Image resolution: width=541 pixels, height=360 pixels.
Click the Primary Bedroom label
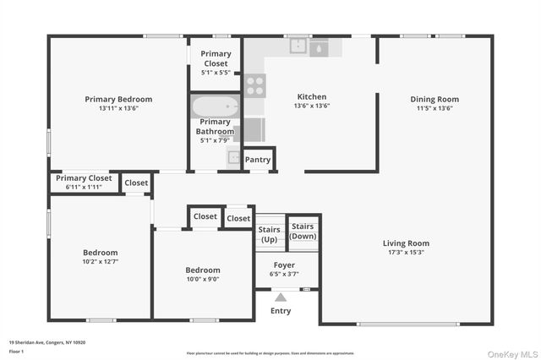click(x=118, y=99)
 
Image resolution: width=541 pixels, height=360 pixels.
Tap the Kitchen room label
click(x=311, y=96)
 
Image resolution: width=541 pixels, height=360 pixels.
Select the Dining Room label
click(x=434, y=99)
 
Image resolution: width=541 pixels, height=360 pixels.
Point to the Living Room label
click(x=406, y=243)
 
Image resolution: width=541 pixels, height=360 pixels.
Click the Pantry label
click(x=258, y=160)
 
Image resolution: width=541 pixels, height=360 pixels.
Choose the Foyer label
click(x=283, y=265)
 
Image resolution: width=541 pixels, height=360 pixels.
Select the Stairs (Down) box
click(x=303, y=231)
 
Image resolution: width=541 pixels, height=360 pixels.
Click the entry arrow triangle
click(x=281, y=297)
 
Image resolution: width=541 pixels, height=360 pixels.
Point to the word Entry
click(x=281, y=311)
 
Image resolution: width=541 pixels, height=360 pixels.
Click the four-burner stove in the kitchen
click(x=255, y=85)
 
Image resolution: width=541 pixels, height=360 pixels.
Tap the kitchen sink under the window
click(x=298, y=46)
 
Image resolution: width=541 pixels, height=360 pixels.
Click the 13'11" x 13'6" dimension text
click(x=118, y=108)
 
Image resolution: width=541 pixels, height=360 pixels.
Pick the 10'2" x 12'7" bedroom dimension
click(x=100, y=262)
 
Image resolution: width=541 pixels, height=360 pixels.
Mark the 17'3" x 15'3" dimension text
click(x=406, y=253)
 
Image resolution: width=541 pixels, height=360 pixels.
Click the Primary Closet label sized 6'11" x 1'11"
click(x=84, y=178)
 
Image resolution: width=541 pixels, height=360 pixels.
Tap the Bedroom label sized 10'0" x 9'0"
click(x=203, y=270)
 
